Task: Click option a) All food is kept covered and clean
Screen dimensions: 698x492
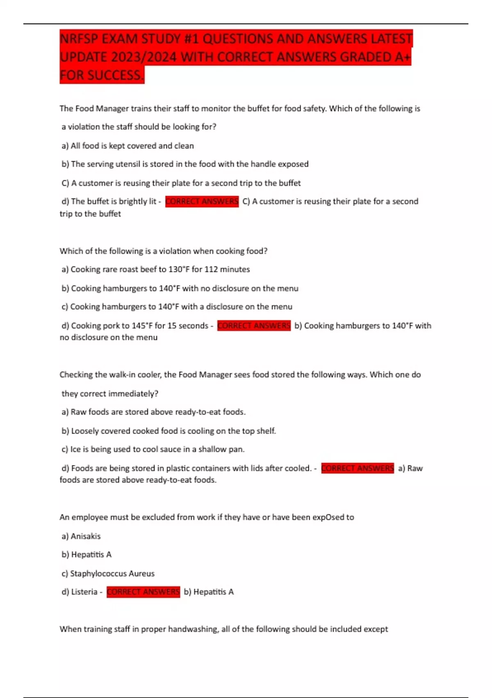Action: (x=128, y=146)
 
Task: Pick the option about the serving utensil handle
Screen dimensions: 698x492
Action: (x=185, y=164)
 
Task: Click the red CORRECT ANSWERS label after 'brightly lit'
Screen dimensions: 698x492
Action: (x=202, y=202)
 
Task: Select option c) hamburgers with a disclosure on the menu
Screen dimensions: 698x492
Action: (x=177, y=307)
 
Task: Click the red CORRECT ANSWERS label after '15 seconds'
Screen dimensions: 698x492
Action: (x=254, y=326)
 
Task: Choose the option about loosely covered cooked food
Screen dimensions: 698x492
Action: (x=169, y=431)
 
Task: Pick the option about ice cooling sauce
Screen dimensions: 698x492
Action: (x=153, y=449)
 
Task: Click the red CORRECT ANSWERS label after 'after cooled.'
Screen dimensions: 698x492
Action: (x=358, y=468)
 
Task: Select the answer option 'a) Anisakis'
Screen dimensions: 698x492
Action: (x=81, y=536)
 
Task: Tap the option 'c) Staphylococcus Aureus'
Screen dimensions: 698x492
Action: (x=108, y=574)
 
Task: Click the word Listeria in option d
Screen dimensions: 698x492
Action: (x=84, y=592)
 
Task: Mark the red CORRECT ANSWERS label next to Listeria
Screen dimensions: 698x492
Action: (x=143, y=592)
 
